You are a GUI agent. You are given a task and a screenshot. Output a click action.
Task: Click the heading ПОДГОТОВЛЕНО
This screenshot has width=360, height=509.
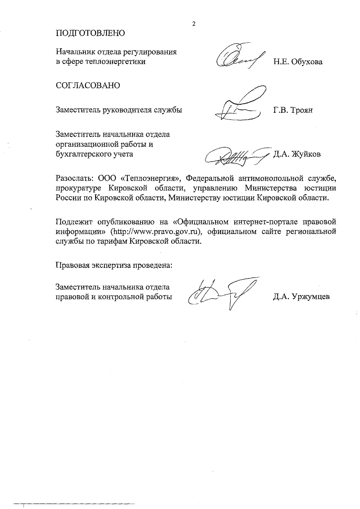(90, 33)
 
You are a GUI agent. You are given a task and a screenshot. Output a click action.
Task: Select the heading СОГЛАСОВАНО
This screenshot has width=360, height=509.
(88, 85)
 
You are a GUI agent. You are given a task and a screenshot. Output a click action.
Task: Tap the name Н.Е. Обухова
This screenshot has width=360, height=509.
(298, 62)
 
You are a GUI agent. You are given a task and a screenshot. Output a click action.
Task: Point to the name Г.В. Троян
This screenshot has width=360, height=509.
(293, 110)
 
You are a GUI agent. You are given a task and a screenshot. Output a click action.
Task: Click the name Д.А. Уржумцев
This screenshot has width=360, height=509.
(301, 297)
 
